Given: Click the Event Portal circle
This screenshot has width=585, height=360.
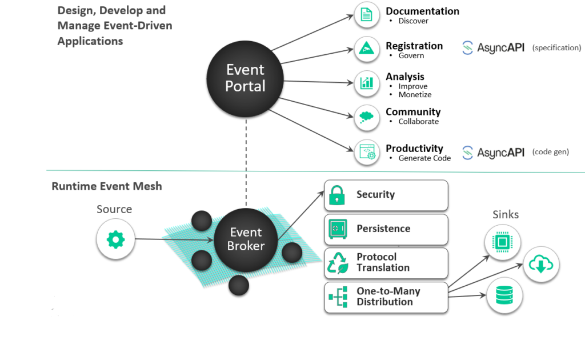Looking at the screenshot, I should (x=246, y=78).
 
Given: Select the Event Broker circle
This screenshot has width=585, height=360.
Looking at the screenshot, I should (x=246, y=239).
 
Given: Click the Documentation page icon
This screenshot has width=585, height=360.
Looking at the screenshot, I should (x=367, y=15).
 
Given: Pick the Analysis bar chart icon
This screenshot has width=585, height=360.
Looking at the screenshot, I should (x=367, y=83).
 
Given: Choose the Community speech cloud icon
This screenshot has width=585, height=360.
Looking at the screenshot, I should (x=367, y=117).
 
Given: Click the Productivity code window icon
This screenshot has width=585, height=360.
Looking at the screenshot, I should (x=367, y=152).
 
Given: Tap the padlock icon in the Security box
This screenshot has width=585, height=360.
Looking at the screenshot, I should (x=337, y=195).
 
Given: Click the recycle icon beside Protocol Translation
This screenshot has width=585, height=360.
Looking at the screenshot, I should (x=337, y=263).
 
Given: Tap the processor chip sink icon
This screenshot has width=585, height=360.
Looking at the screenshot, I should (x=503, y=242).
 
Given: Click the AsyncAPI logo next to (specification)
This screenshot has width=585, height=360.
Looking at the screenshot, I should (x=493, y=48).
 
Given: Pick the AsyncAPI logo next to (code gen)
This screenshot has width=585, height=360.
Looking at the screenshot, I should (x=493, y=153).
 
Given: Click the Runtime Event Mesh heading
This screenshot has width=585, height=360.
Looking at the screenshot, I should (x=107, y=186).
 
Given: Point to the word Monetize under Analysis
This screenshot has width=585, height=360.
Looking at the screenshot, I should (x=415, y=95).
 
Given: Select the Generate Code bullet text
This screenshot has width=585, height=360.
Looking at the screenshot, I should (x=424, y=158).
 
